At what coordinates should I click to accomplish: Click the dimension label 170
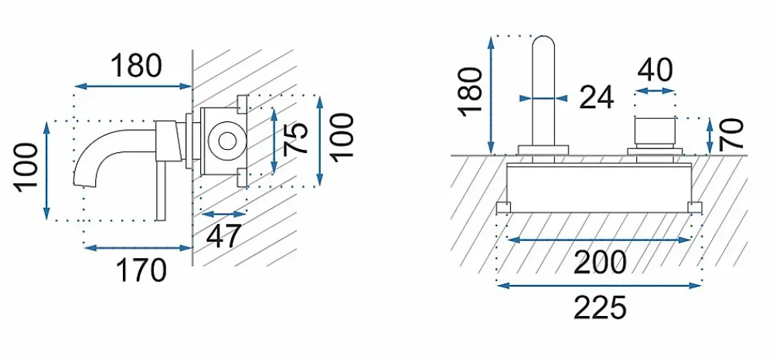tap(141, 270)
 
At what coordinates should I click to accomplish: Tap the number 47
tap(224, 236)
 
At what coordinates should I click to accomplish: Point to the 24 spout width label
tap(597, 97)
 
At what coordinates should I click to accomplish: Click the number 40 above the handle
tap(655, 70)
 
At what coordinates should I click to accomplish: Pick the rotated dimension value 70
tap(730, 134)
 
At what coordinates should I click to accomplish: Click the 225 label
tap(600, 307)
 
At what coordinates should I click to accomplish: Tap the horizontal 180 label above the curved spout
tap(136, 66)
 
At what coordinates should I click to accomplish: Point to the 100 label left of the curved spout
tap(26, 168)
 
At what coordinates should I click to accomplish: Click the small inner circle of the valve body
tap(227, 141)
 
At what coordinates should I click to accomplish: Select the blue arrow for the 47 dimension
tap(224, 214)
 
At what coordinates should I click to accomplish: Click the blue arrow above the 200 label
tap(600, 239)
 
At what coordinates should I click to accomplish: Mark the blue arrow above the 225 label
tap(600, 285)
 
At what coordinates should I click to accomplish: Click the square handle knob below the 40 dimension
tap(655, 131)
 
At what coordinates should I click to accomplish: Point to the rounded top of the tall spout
tap(543, 39)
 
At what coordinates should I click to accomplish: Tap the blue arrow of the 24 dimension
tap(543, 98)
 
